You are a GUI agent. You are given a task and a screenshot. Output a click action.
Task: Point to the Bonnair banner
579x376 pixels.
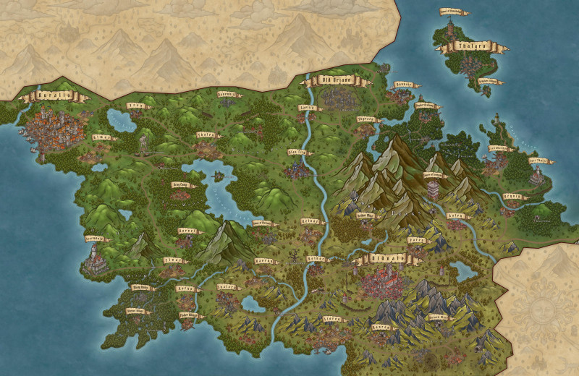click(404, 85)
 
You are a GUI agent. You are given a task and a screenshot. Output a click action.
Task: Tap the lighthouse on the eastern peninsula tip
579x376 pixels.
click(497, 123)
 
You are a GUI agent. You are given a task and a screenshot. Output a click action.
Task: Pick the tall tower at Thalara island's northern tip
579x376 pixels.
click(450, 27)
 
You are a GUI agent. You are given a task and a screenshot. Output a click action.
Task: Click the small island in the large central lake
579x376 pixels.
click(218, 176)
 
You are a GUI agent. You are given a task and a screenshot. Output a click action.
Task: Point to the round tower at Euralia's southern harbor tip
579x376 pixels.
click(41, 155)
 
